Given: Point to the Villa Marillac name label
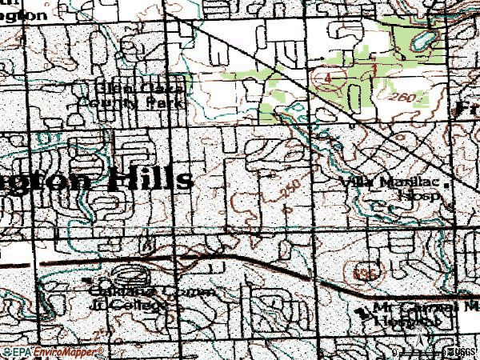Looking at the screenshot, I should (381, 182).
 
